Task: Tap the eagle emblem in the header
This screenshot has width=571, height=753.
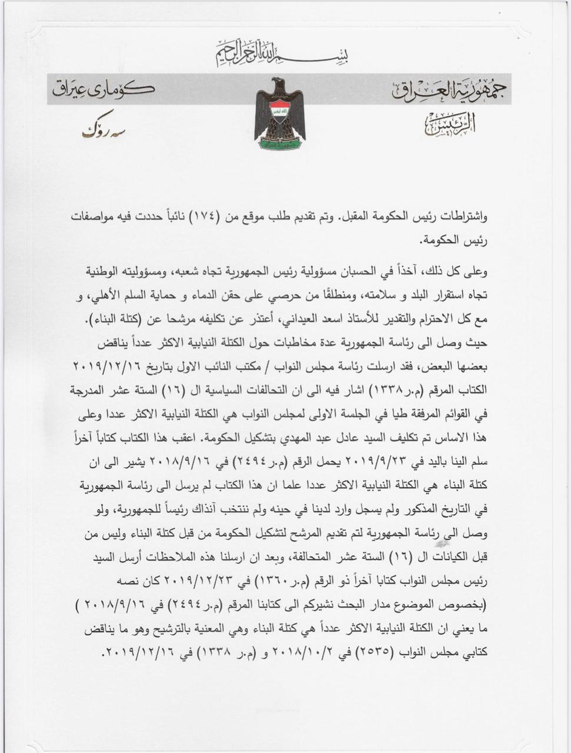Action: click(x=279, y=112)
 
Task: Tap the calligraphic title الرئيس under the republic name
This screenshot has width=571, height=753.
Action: click(x=449, y=124)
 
